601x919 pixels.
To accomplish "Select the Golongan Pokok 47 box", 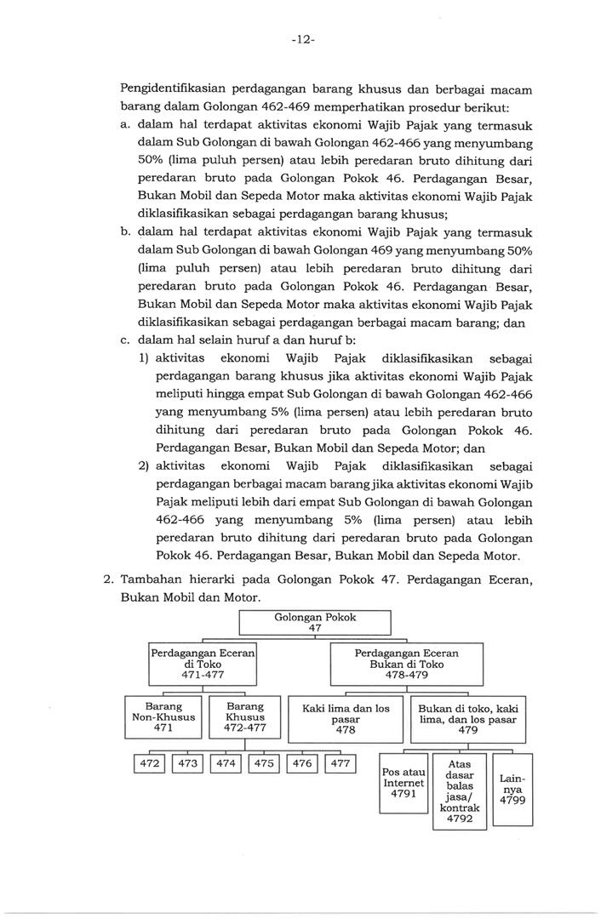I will click(314, 623).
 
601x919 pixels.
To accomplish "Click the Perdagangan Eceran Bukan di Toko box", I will click(406, 664).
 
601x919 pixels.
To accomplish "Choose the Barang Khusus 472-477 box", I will click(245, 716).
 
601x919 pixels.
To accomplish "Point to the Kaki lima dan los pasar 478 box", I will click(346, 717).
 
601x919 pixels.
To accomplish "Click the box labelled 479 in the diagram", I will click(467, 717).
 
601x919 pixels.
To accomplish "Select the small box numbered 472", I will click(150, 764).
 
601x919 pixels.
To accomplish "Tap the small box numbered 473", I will click(188, 764).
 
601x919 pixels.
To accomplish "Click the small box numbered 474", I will click(226, 764).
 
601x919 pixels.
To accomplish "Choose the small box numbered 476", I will click(302, 764).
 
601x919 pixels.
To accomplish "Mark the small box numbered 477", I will click(340, 764).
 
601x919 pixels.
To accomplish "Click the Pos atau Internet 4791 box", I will click(404, 782).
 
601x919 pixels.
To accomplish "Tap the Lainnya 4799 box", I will click(512, 789).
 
